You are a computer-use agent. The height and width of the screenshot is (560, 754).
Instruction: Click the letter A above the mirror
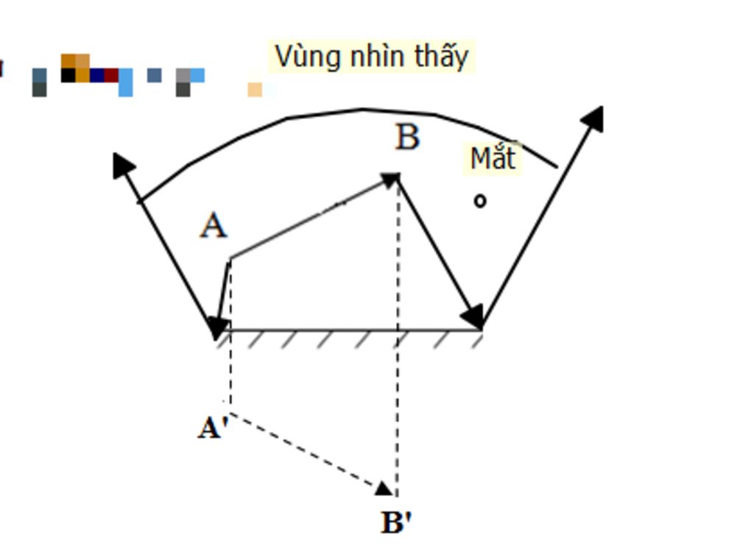[x=214, y=226]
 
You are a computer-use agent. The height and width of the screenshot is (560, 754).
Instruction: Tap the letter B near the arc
[x=407, y=137]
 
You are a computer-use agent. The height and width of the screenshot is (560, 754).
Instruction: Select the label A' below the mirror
[x=212, y=428]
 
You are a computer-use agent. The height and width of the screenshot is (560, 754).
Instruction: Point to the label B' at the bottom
[x=396, y=522]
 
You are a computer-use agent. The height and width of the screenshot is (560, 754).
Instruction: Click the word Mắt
[x=493, y=158]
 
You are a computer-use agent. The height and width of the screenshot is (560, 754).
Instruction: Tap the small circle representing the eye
[x=480, y=201]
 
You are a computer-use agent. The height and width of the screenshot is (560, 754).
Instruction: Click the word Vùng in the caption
[x=309, y=57]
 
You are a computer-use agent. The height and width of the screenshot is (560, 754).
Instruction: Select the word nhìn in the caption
[x=377, y=56]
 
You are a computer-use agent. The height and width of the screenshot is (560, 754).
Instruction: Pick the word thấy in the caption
[x=442, y=57]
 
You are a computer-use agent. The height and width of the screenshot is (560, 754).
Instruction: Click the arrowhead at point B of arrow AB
[x=392, y=180]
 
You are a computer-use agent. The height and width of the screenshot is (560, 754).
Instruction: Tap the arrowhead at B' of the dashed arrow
[x=384, y=489]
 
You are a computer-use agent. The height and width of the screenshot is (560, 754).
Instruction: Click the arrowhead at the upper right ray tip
[x=593, y=118]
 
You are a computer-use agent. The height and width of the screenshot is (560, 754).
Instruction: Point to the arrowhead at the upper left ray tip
[x=123, y=166]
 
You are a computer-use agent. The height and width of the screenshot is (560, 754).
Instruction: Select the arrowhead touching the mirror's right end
[x=473, y=316]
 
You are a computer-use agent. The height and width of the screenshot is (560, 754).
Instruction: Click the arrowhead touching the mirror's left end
[x=219, y=327]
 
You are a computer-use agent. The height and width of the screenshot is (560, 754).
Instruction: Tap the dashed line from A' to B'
[x=308, y=450]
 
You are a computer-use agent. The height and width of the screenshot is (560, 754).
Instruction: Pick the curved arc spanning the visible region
[x=362, y=110]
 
